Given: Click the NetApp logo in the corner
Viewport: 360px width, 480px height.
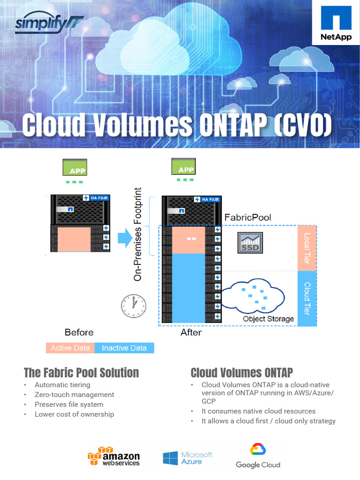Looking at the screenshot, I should click(336, 24).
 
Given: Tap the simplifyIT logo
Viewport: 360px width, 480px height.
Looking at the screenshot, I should click(49, 24).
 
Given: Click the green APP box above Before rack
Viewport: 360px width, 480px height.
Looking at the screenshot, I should click(75, 168).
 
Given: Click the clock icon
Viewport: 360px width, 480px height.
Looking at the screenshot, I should click(134, 306).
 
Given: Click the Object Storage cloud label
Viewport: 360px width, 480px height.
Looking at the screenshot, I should click(268, 319).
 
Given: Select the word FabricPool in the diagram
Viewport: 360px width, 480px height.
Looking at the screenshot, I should click(247, 217).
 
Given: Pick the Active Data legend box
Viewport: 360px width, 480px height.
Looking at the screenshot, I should click(70, 348).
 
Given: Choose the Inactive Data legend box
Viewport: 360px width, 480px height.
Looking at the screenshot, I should click(124, 348).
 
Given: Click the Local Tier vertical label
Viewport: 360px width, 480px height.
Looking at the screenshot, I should click(307, 248).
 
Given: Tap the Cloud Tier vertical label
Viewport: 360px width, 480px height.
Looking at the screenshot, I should click(307, 298).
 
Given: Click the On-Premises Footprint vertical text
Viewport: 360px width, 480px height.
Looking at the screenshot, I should click(138, 234).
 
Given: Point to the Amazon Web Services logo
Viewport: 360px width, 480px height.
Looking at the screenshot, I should click(114, 456).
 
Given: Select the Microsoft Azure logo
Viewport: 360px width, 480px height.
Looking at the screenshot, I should click(187, 458).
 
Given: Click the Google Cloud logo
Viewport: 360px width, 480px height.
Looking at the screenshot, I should click(258, 457).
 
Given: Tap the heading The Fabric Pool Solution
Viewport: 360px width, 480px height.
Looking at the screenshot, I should click(82, 373).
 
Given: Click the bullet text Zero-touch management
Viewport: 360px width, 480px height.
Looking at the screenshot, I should click(75, 395).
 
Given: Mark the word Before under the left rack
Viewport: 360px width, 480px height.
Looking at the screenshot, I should click(79, 332).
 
